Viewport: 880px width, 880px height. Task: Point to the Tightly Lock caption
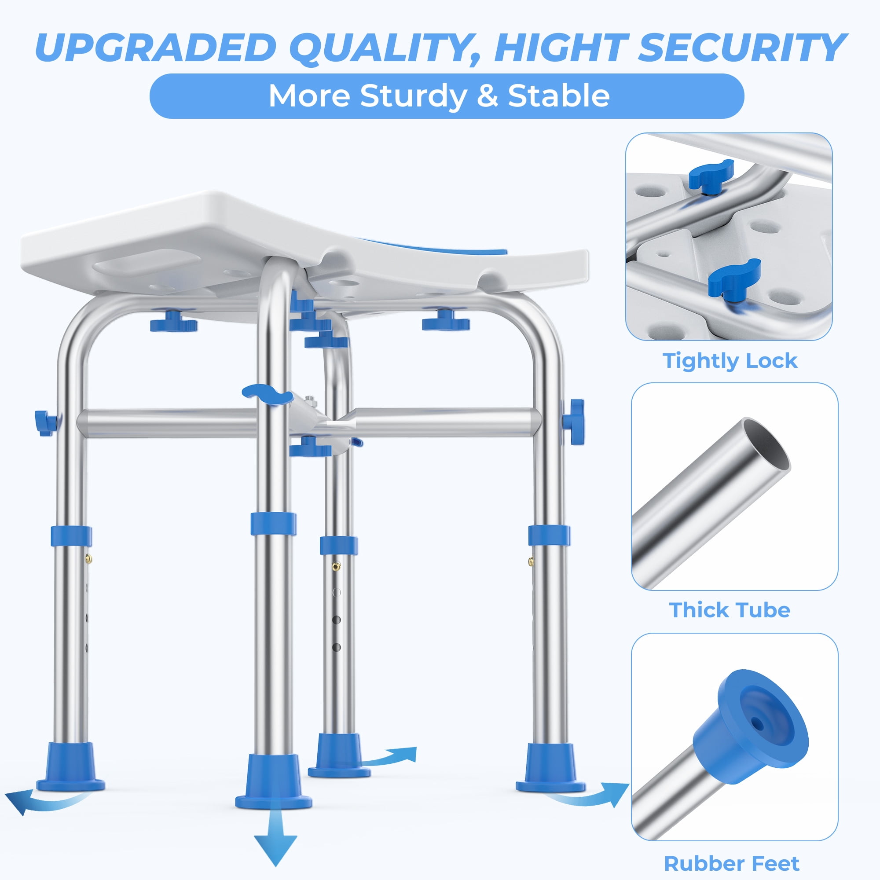pyautogui.click(x=730, y=361)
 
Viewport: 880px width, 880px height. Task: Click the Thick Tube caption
pyautogui.click(x=730, y=610)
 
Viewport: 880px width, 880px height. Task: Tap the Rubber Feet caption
pyautogui.click(x=732, y=863)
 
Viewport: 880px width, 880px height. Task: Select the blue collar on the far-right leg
pyautogui.click(x=549, y=535)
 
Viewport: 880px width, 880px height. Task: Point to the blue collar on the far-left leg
pyautogui.click(x=71, y=536)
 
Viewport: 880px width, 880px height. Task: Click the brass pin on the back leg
pyautogui.click(x=336, y=566)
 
